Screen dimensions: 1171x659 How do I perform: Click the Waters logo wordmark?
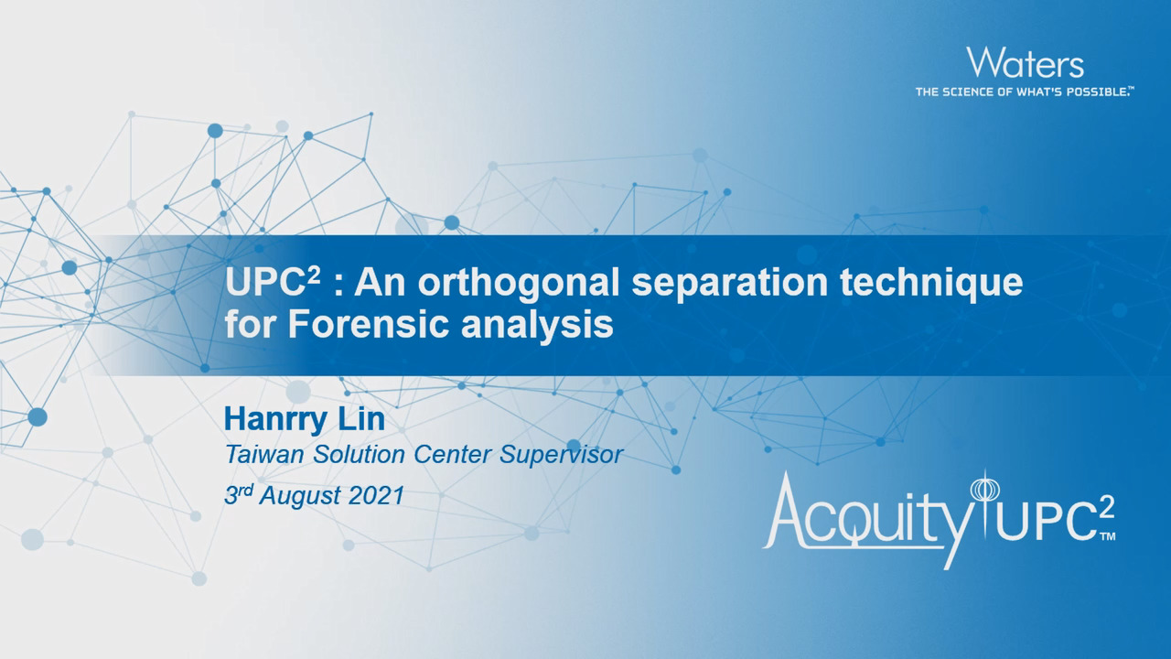click(1025, 63)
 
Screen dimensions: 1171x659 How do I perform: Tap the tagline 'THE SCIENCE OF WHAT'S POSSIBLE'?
click(1024, 92)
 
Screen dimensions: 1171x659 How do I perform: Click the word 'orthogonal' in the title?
click(519, 283)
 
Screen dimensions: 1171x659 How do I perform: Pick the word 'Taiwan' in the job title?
click(264, 455)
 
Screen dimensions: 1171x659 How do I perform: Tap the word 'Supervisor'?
click(561, 456)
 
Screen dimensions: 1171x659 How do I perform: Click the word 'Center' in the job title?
click(452, 455)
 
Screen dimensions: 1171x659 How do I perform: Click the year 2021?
click(376, 495)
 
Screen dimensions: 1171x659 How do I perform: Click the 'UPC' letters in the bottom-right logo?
click(1048, 523)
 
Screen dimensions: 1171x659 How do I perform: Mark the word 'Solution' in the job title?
click(359, 455)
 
